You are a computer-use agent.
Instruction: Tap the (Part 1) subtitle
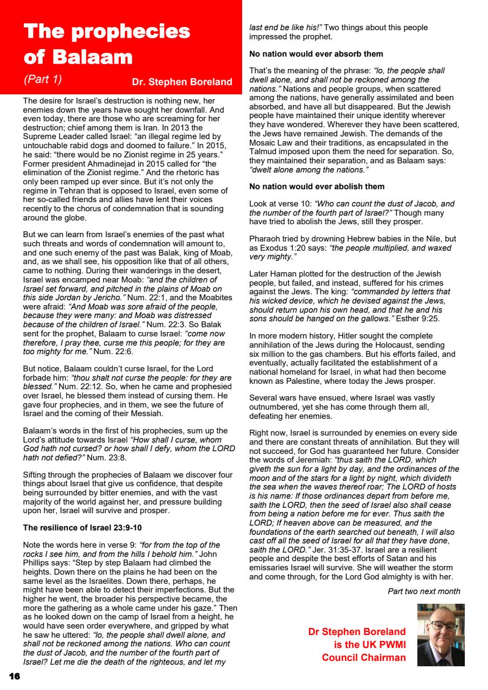(43, 79)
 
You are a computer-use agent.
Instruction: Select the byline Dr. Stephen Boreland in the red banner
(182, 82)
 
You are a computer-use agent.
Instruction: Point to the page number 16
(14, 676)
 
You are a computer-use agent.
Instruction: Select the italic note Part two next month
(424, 591)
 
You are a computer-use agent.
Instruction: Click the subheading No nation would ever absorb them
(316, 54)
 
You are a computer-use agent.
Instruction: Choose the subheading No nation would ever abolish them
(317, 187)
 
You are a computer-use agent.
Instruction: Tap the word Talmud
(263, 151)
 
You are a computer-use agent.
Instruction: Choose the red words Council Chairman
(364, 657)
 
